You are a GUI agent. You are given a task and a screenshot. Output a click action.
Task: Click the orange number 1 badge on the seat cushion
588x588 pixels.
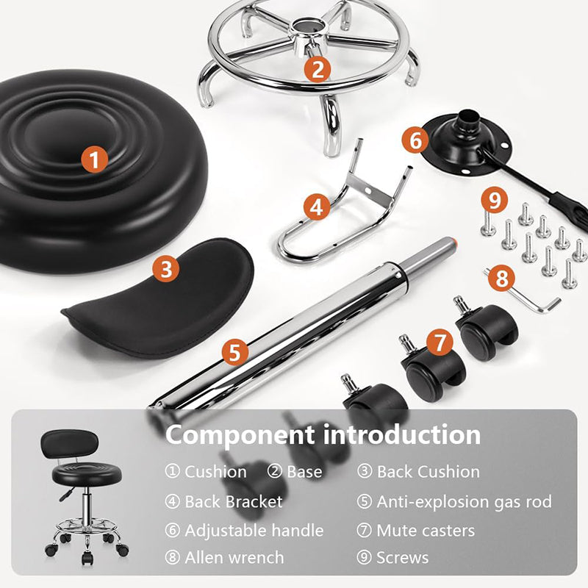click(x=94, y=159)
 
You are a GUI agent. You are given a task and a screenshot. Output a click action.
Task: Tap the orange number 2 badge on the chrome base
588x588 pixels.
click(x=318, y=69)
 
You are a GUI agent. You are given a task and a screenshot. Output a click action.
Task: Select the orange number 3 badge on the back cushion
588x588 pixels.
click(x=166, y=268)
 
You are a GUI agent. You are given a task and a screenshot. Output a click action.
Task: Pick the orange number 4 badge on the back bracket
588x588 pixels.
click(x=316, y=207)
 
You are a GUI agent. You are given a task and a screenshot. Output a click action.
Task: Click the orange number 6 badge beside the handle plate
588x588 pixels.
click(x=415, y=138)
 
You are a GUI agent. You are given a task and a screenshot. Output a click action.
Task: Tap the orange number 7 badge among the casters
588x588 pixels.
click(x=440, y=342)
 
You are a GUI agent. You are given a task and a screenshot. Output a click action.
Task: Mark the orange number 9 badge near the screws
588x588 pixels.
click(x=494, y=199)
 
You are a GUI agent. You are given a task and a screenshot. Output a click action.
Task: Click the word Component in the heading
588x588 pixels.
click(x=240, y=434)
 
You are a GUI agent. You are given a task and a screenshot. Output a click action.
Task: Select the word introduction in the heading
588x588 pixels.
click(x=403, y=434)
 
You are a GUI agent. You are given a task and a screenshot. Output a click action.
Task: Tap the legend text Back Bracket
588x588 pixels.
click(x=234, y=501)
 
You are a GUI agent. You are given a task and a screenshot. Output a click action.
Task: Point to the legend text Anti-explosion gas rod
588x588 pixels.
click(x=464, y=501)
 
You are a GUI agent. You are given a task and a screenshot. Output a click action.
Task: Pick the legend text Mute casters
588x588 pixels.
click(x=426, y=530)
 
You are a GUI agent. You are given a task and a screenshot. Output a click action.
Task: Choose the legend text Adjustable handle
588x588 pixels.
click(x=254, y=530)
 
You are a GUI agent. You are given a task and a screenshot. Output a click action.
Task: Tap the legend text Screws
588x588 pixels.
click(x=403, y=558)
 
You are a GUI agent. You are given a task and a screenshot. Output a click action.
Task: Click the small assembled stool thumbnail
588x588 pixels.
click(x=83, y=492)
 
